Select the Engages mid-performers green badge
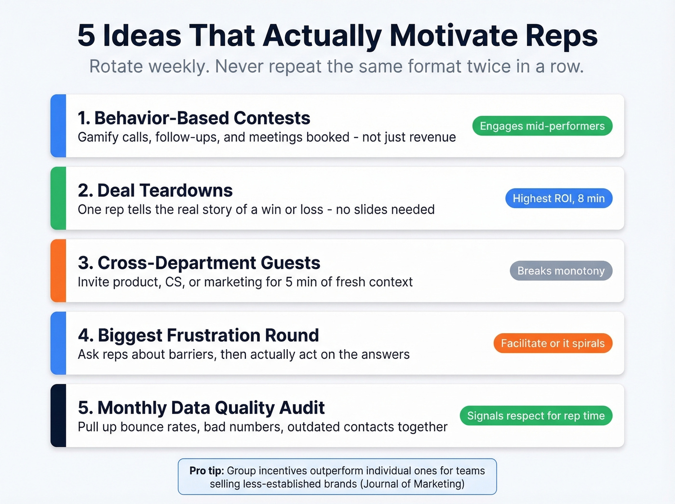(542, 126)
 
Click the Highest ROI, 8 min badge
(558, 198)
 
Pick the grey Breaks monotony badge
(561, 271)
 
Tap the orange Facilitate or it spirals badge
(553, 343)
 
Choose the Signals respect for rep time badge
(536, 416)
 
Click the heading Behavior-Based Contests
(194, 118)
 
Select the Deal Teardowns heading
(155, 191)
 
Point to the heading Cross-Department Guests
(199, 263)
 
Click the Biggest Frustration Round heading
(198, 335)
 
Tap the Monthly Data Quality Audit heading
(201, 408)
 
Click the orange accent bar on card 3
(58, 271)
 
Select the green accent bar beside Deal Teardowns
(58, 198)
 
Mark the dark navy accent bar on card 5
(58, 415)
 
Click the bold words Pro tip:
(206, 471)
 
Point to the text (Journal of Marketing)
(412, 484)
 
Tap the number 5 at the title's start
(86, 36)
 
